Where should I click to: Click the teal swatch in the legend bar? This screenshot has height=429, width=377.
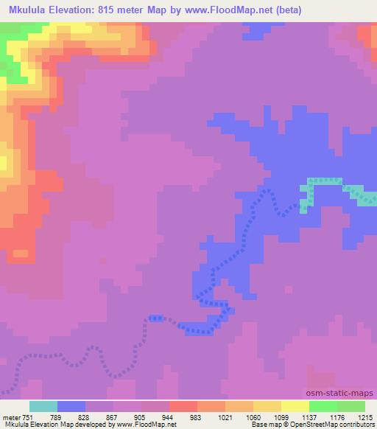43,406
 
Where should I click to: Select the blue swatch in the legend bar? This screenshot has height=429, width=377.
71,406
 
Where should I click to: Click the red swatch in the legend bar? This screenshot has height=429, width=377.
183,406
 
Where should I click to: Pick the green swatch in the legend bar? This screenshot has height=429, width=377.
323,406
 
